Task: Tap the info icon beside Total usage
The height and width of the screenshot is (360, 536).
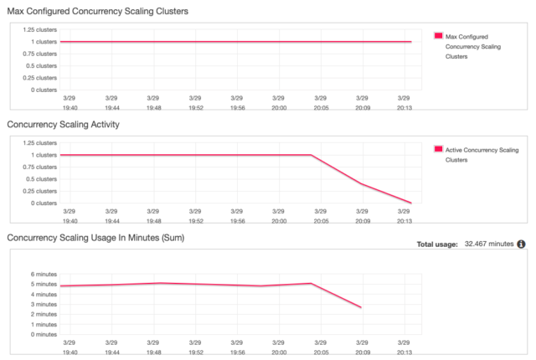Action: tap(521, 244)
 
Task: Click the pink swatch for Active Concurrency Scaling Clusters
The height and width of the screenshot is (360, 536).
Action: tap(438, 149)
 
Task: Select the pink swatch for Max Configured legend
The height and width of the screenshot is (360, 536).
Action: tap(438, 36)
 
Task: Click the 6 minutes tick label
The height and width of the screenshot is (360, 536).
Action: tap(42, 274)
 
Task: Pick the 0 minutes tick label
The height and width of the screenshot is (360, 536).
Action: tap(42, 334)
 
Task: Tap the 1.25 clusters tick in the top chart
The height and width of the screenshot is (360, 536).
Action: tap(40, 29)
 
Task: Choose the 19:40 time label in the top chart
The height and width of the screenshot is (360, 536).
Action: tap(69, 106)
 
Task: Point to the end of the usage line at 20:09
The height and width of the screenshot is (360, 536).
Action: tap(361, 308)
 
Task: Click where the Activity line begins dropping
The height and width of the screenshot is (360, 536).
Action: tap(312, 155)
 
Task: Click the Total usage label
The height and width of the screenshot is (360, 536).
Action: tap(436, 244)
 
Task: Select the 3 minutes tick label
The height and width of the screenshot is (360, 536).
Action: tap(42, 304)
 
